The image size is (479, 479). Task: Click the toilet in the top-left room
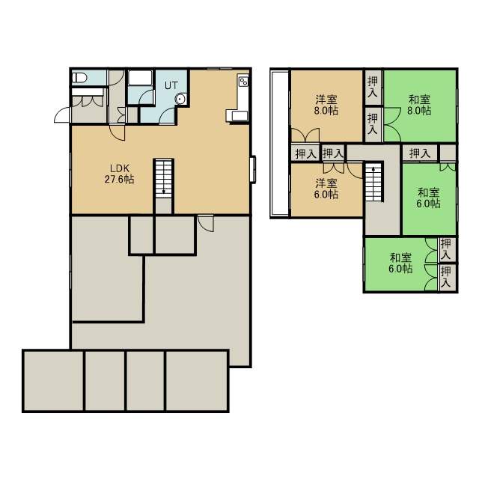tap(79, 78)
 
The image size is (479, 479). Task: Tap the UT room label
tap(171, 85)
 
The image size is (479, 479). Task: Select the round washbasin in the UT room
tap(180, 99)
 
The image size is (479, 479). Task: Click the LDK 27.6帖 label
tap(120, 174)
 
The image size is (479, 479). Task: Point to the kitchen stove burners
tap(244, 81)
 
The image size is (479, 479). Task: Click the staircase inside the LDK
tap(164, 178)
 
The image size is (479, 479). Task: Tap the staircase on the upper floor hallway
tap(374, 182)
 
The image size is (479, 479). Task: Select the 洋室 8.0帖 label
tap(326, 105)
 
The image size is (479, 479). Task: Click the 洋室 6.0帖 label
tap(326, 189)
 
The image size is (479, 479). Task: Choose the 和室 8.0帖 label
tap(419, 105)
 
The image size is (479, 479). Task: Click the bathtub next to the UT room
tap(140, 78)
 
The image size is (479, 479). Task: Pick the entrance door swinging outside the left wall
tap(62, 115)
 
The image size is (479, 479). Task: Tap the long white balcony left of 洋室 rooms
tap(279, 143)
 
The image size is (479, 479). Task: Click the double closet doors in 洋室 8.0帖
tap(305, 135)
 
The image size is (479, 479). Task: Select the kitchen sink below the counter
tap(239, 116)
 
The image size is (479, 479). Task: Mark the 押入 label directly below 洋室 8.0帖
tap(305, 153)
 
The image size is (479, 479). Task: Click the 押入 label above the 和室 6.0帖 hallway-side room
tap(420, 153)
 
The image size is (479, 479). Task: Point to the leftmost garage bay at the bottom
tap(53, 381)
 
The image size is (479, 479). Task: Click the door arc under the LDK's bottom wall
tap(205, 224)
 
